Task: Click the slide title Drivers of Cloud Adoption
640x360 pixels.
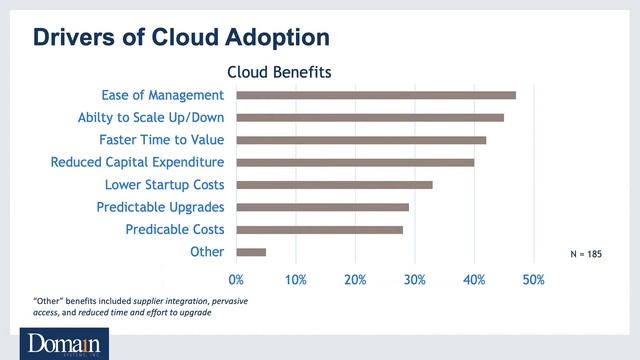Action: click(x=181, y=38)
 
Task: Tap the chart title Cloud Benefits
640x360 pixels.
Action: click(x=280, y=73)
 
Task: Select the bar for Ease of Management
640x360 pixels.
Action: click(x=376, y=95)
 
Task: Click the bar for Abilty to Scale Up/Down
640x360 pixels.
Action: click(x=370, y=118)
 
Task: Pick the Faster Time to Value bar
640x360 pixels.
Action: click(x=361, y=140)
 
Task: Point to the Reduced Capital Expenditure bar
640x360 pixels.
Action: click(x=355, y=162)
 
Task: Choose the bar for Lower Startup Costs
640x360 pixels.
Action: click(x=334, y=185)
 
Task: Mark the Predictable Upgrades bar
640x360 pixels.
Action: click(x=322, y=207)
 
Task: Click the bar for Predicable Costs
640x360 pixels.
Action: click(x=319, y=230)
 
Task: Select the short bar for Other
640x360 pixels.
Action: click(x=251, y=252)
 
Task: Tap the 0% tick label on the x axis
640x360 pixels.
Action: click(x=237, y=280)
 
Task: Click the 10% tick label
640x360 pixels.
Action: click(x=296, y=280)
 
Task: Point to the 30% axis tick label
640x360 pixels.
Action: click(x=415, y=280)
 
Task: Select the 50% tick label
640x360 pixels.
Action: click(x=533, y=280)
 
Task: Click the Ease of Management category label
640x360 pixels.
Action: click(x=162, y=95)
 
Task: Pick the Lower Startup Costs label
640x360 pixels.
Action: click(x=164, y=185)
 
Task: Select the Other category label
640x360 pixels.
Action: click(x=207, y=252)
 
